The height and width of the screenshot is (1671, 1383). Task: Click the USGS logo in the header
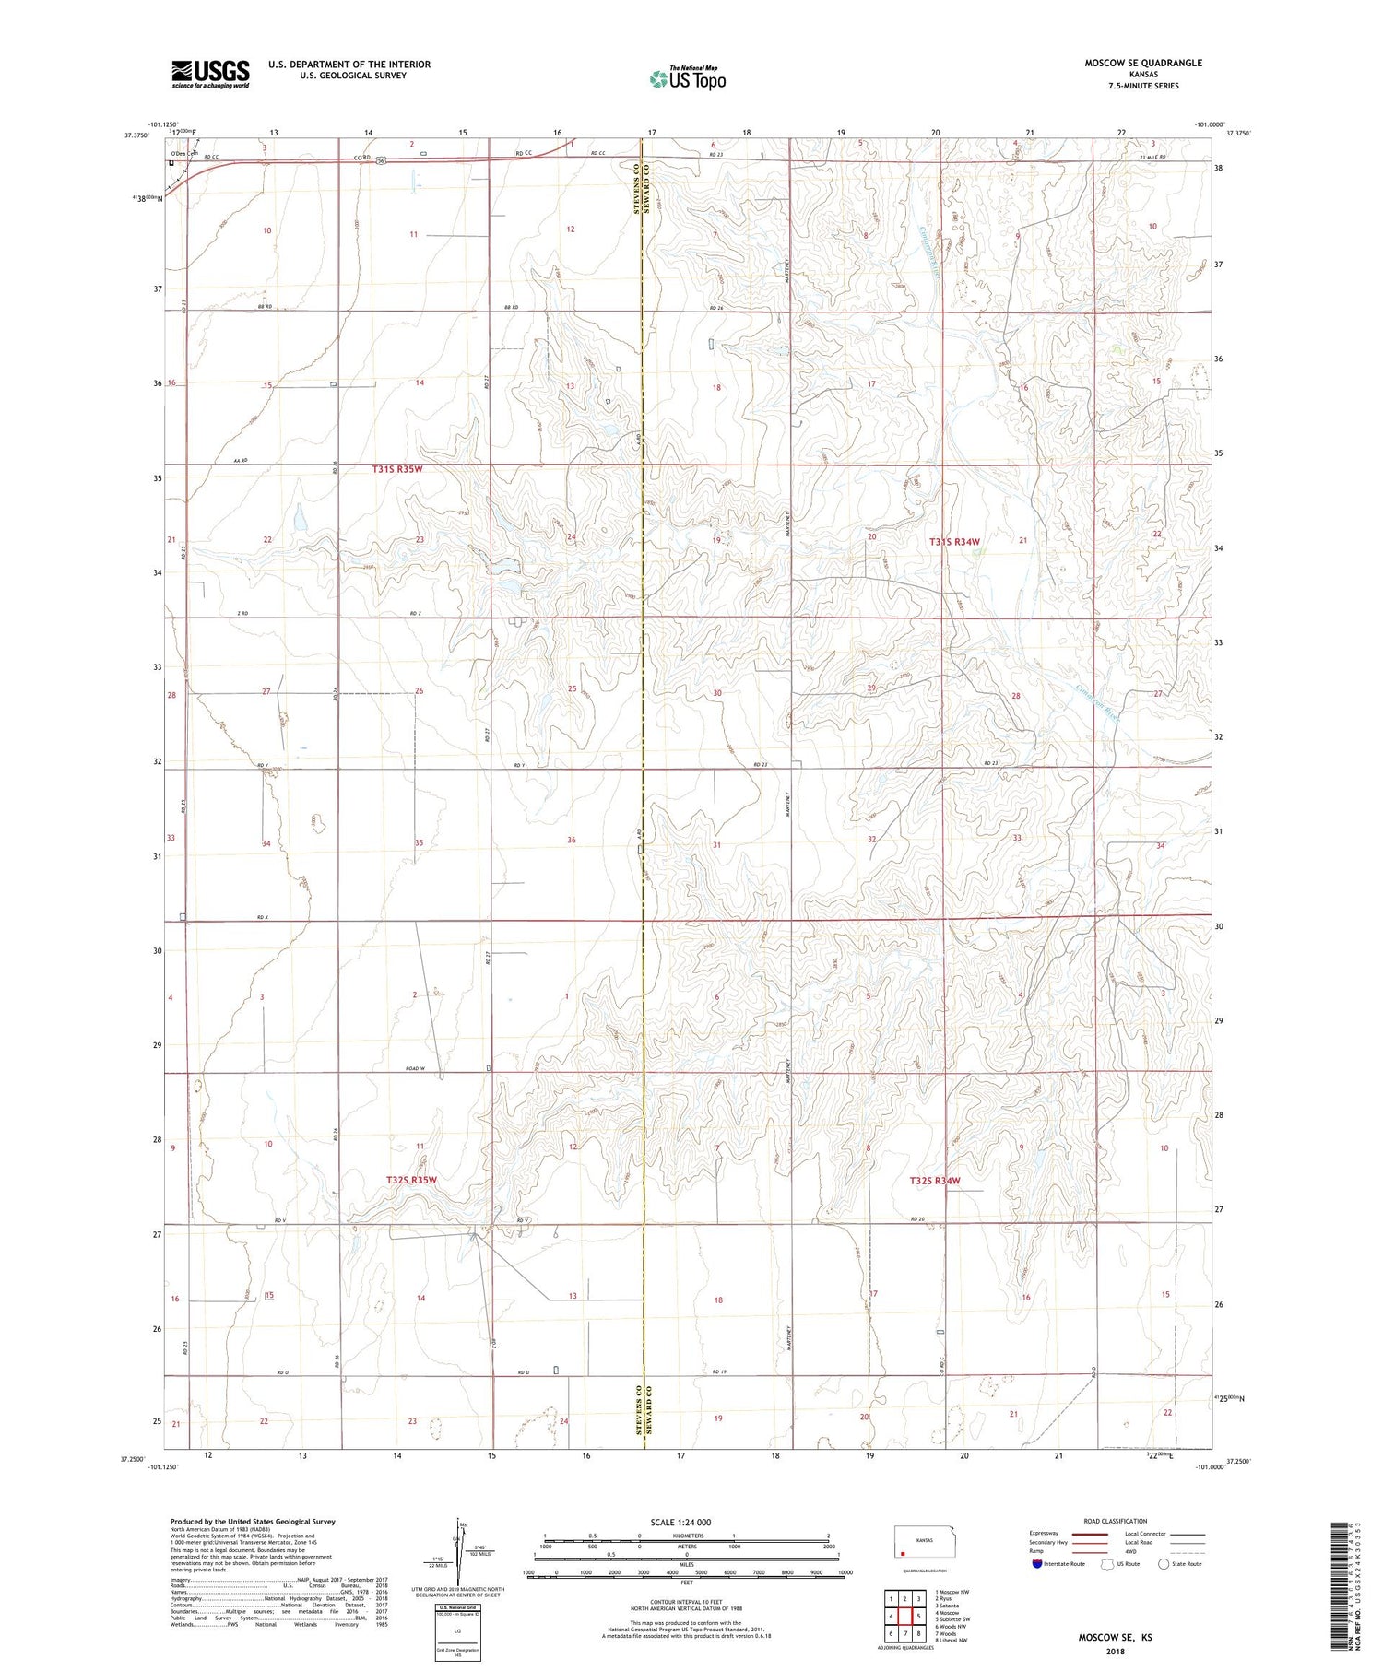coord(210,74)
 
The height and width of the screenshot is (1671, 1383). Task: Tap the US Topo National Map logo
coord(687,78)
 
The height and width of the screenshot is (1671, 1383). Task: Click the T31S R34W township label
coord(953,543)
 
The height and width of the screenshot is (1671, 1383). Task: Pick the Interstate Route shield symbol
coord(1037,1564)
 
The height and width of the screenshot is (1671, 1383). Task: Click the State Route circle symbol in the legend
coord(1164,1564)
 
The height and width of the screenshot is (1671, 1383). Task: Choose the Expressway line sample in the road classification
coord(1088,1534)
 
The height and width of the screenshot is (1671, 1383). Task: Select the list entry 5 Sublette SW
coord(952,1619)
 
